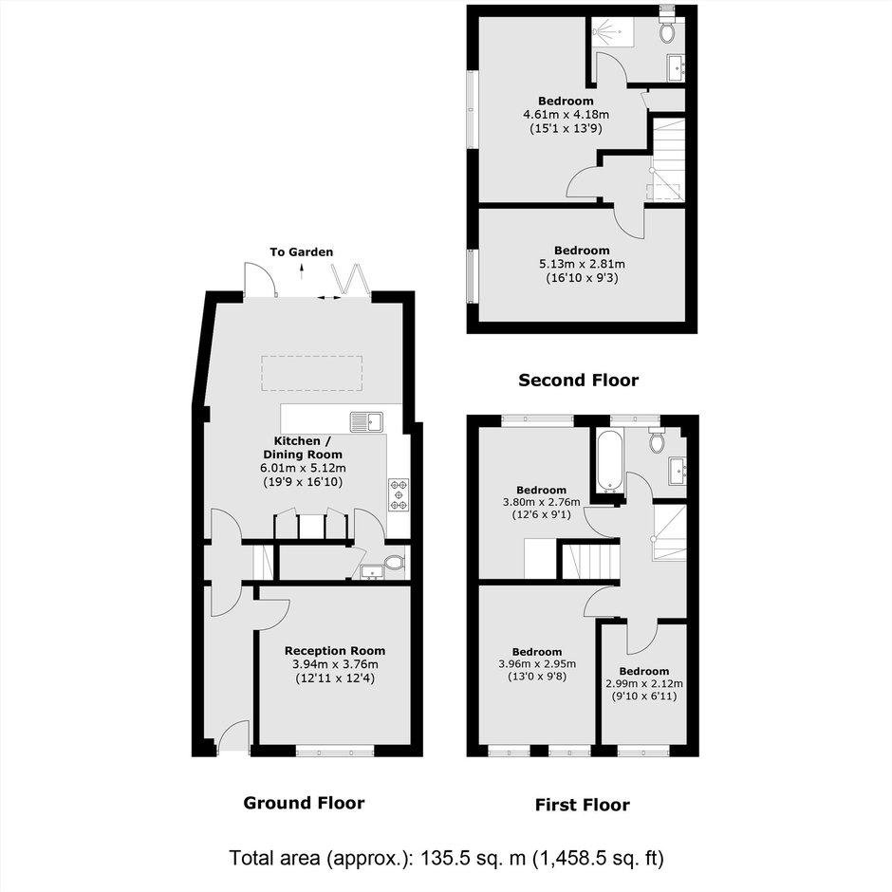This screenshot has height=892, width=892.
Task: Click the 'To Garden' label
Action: (302, 252)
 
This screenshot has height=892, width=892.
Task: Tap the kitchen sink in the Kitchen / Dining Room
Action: (367, 421)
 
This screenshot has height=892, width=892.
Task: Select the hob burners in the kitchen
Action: (399, 494)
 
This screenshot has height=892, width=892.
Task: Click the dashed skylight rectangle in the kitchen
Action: (312, 373)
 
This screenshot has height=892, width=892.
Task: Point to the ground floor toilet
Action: (394, 563)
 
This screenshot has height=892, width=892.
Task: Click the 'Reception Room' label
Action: (335, 651)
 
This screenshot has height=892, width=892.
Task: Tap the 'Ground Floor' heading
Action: (304, 803)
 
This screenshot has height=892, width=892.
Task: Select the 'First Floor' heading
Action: (583, 805)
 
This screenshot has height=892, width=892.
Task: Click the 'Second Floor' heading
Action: (579, 380)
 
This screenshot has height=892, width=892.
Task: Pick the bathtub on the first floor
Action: (611, 461)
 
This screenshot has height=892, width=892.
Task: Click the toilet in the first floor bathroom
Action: (657, 440)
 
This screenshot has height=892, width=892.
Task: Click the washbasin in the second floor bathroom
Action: (677, 67)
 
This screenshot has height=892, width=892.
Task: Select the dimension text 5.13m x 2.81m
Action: (582, 264)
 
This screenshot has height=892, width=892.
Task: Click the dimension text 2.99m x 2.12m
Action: (644, 684)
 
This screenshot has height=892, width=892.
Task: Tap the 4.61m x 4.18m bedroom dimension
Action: (566, 114)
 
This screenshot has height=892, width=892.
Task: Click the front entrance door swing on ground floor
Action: (233, 736)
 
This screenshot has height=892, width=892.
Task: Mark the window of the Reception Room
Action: (335, 751)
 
